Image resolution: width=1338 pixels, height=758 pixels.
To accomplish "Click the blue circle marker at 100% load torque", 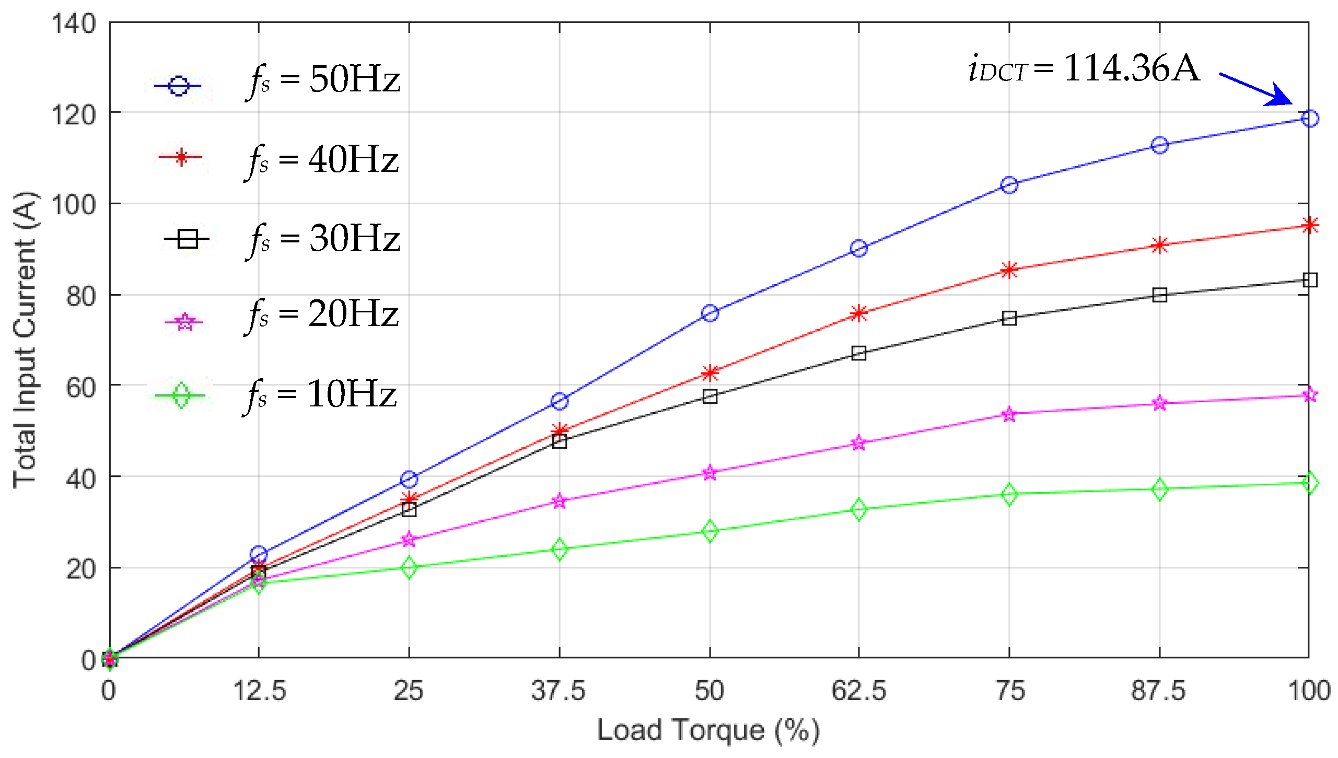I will pyautogui.click(x=1309, y=119).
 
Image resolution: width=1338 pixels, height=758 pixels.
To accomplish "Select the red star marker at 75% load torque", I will pyautogui.click(x=1009, y=270).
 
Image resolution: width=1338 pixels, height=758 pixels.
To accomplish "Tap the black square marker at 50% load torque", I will pyautogui.click(x=709, y=396).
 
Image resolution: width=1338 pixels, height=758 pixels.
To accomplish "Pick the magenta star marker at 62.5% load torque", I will pyautogui.click(x=858, y=443).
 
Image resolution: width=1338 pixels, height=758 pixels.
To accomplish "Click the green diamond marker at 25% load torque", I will pyautogui.click(x=409, y=567).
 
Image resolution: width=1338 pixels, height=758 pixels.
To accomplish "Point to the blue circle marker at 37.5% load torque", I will pyautogui.click(x=560, y=401).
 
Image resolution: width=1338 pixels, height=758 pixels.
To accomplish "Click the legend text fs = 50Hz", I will pyautogui.click(x=324, y=80).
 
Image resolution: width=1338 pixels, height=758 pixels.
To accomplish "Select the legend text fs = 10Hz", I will pyautogui.click(x=321, y=395).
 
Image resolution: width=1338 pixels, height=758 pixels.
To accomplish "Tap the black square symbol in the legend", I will pyautogui.click(x=187, y=239).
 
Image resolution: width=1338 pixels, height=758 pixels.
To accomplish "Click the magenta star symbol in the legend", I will pyautogui.click(x=184, y=322).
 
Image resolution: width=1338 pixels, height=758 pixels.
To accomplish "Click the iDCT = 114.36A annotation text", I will pyautogui.click(x=1084, y=69).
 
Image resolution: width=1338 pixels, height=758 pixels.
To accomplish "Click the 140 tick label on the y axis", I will pyautogui.click(x=74, y=24).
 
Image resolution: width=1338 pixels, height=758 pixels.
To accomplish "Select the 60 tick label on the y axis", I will pyautogui.click(x=80, y=387).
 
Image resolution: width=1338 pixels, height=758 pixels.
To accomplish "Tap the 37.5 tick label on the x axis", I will pyautogui.click(x=559, y=691).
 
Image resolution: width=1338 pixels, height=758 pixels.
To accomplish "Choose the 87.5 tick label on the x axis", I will pyautogui.click(x=1158, y=691).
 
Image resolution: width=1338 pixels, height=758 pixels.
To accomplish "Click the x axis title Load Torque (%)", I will pyautogui.click(x=708, y=730).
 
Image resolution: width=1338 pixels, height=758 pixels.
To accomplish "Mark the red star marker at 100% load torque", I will pyautogui.click(x=1309, y=226).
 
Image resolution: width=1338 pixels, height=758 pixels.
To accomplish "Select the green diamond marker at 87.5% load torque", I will pyautogui.click(x=1159, y=489).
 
